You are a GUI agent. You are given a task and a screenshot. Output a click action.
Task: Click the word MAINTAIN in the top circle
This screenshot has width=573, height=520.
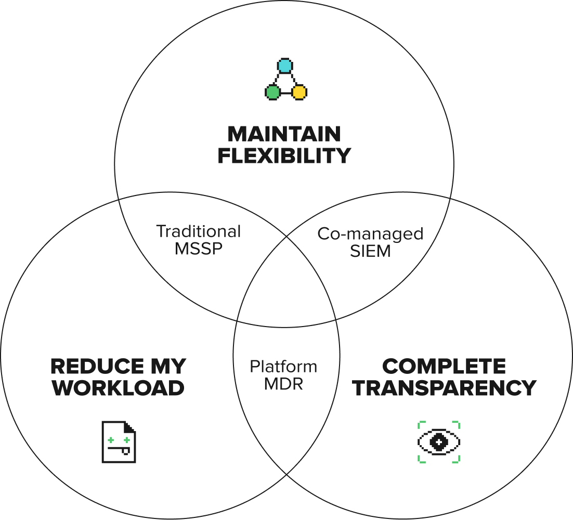tap(284, 134)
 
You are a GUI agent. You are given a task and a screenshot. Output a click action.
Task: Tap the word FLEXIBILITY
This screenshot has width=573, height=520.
tap(284, 155)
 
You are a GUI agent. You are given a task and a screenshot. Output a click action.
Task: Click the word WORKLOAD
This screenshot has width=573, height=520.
tap(119, 388)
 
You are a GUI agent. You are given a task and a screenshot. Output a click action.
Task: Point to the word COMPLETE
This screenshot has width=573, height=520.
tap(444, 367)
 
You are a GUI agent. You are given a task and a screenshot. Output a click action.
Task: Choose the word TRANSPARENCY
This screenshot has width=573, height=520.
tap(444, 388)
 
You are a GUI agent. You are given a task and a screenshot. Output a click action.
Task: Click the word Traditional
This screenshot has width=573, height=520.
tap(199, 231)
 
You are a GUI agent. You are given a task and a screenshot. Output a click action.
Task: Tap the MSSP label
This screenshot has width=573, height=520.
tap(199, 249)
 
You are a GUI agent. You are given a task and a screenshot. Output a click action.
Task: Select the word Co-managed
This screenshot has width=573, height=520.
tap(370, 233)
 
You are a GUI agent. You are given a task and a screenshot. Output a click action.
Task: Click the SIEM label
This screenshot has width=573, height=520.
tap(370, 251)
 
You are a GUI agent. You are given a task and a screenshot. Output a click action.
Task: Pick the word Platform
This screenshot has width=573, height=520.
tap(283, 367)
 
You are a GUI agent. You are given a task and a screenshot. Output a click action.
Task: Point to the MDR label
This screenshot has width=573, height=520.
tap(283, 384)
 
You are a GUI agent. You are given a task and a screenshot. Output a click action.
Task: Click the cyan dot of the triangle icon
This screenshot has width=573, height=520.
tap(284, 66)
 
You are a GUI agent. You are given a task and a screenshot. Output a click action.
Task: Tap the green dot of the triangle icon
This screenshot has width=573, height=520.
tap(272, 93)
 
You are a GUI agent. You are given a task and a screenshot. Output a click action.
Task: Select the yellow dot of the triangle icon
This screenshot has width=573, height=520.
tap(299, 93)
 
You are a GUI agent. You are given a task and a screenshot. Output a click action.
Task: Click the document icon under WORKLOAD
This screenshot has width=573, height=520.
tap(119, 442)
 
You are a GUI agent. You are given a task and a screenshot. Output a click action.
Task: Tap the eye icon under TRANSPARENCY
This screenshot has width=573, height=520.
tap(439, 442)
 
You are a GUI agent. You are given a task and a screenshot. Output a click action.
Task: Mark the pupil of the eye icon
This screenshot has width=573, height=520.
tap(439, 442)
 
